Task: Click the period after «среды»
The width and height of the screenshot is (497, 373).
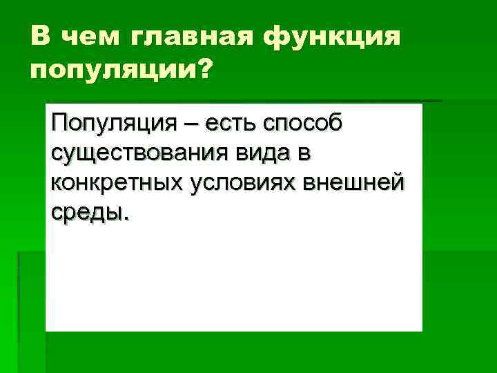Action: click(x=126, y=217)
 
